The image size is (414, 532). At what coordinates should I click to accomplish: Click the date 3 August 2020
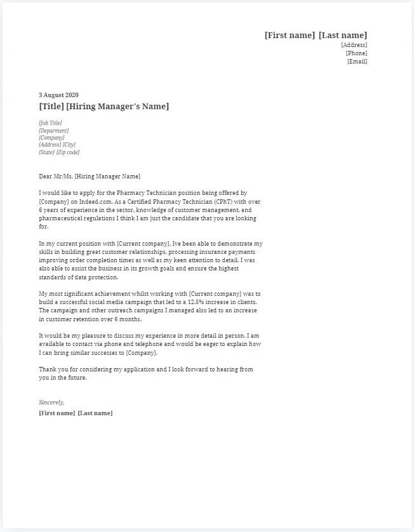(x=58, y=95)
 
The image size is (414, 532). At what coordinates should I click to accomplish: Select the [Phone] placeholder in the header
(x=356, y=53)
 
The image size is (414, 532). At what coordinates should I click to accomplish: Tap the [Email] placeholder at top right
(x=357, y=62)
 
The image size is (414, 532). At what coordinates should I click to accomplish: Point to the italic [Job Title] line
(x=51, y=123)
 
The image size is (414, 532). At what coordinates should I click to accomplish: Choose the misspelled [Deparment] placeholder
(x=54, y=130)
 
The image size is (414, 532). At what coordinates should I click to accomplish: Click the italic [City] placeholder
(x=69, y=145)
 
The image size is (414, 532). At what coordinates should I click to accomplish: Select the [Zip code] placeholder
(x=68, y=152)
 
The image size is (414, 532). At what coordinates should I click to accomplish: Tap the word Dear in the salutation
(x=46, y=176)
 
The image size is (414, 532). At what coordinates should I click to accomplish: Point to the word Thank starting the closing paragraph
(x=48, y=369)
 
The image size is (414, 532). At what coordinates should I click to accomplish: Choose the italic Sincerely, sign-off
(x=51, y=402)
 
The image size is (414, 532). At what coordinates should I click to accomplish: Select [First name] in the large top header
(x=290, y=36)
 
